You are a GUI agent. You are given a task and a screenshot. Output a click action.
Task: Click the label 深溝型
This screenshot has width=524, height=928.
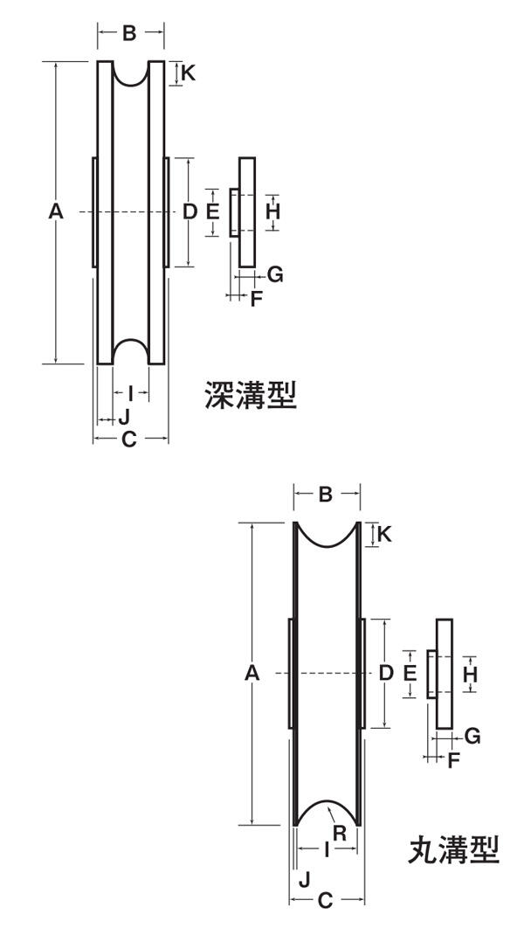[251, 396]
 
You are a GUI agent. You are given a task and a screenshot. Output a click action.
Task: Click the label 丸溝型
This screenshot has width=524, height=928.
[454, 848]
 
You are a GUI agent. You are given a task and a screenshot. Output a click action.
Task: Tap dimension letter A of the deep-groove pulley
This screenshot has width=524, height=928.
[56, 211]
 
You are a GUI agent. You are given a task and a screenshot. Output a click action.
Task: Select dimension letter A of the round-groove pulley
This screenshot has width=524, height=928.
[252, 673]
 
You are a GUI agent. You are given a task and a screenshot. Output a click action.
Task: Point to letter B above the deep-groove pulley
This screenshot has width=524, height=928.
[129, 33]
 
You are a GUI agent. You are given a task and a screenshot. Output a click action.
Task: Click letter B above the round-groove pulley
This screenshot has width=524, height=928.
[326, 495]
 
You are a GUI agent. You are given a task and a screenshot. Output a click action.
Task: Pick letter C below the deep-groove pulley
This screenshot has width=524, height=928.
[129, 440]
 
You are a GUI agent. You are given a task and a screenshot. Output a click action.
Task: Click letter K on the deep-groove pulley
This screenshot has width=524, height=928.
[188, 73]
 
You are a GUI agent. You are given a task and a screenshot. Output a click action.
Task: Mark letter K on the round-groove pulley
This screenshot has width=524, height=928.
[383, 534]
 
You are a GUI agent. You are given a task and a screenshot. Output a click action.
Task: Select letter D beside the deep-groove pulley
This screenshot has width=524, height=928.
[189, 211]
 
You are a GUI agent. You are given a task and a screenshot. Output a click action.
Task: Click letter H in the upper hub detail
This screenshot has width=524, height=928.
[272, 211]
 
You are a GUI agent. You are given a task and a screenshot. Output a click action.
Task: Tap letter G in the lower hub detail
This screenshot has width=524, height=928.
[472, 736]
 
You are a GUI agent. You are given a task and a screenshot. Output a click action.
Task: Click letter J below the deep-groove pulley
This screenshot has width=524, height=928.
[124, 417]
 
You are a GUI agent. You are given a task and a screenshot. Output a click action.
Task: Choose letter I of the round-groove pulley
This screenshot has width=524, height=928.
[326, 848]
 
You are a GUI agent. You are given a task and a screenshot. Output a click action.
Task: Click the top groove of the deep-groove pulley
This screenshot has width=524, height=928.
[131, 73]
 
